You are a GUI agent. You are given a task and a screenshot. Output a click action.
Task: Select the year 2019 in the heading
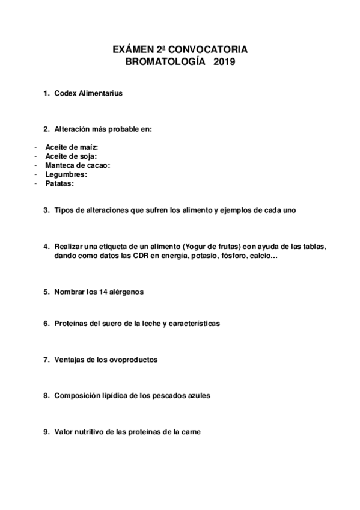coord(224,61)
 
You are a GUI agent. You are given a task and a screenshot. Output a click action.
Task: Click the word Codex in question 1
coord(65,93)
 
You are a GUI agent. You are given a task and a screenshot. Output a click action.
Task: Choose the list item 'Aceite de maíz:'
coord(71,147)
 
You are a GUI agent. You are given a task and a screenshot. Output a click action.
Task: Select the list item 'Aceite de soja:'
coord(71,156)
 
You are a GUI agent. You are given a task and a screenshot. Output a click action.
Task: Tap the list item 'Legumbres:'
coord(66,174)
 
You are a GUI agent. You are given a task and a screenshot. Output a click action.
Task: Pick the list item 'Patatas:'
coord(59,183)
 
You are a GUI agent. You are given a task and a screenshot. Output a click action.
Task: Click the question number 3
coord(46,210)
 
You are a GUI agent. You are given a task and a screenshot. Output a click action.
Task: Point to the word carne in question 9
coord(190,432)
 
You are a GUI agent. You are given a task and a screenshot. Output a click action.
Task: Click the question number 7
coord(46,360)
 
